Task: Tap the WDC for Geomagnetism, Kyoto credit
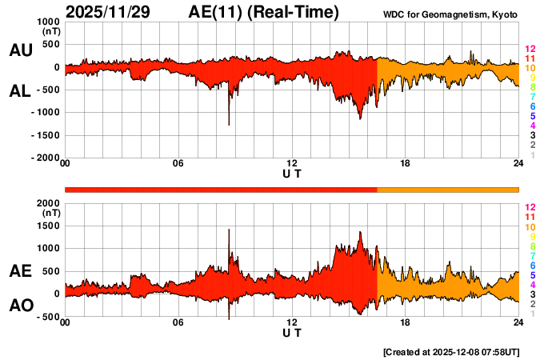coord(451,15)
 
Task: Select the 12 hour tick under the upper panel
coord(292,163)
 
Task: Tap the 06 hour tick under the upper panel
coord(178,163)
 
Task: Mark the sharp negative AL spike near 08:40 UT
coord(229,123)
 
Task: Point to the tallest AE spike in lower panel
coord(229,230)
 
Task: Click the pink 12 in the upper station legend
coord(530,50)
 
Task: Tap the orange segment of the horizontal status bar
coord(448,189)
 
